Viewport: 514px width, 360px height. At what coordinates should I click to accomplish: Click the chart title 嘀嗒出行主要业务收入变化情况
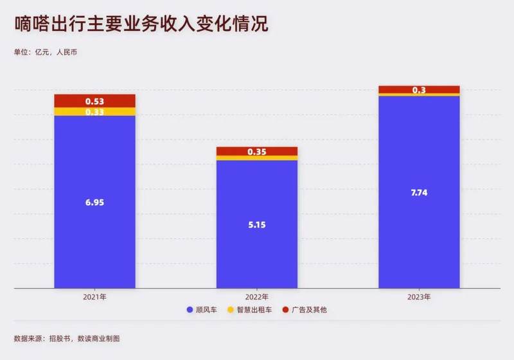(141, 24)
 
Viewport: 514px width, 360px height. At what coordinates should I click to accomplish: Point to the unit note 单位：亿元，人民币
(45, 52)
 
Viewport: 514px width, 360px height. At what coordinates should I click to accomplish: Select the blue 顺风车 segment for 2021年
(94, 202)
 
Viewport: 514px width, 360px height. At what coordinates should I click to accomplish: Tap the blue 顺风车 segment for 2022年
(257, 224)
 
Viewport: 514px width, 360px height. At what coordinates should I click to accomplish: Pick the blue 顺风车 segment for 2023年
(419, 192)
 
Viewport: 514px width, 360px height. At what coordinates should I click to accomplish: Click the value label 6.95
(94, 203)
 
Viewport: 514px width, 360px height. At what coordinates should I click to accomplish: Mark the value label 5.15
(257, 225)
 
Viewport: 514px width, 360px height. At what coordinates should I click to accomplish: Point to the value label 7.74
(419, 192)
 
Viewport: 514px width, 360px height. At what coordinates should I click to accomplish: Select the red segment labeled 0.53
(94, 101)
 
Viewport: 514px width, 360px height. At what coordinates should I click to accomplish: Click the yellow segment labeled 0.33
(94, 112)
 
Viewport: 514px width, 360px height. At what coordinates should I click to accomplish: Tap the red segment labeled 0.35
(257, 152)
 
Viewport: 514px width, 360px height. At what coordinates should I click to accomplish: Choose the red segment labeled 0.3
(419, 90)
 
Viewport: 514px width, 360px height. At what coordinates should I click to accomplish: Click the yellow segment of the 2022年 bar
(257, 158)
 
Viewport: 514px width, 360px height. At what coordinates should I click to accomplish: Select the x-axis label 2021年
(94, 297)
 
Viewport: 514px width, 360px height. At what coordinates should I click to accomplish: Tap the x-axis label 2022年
(257, 297)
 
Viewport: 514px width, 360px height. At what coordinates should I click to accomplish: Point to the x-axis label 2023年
(419, 297)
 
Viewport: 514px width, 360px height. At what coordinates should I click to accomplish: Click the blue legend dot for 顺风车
(190, 310)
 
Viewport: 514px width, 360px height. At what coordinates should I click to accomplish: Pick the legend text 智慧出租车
(254, 310)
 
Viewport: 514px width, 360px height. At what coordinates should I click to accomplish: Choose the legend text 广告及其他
(309, 310)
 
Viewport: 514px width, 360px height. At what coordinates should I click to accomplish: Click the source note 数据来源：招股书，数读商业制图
(67, 339)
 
